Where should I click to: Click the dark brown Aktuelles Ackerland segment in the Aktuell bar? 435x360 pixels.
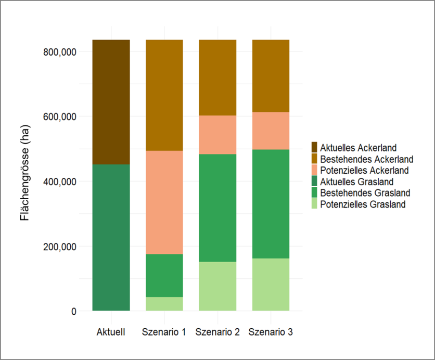point(111,101)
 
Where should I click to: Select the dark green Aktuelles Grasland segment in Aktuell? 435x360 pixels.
point(111,237)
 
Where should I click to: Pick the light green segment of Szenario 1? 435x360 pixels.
point(164,304)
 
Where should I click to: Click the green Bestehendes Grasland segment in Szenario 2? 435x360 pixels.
point(217,208)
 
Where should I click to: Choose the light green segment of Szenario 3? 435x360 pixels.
point(271,285)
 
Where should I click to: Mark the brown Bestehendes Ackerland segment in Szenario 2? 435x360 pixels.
point(217,78)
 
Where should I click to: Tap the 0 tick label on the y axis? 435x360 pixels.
point(73,311)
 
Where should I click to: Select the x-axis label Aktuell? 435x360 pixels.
point(111,332)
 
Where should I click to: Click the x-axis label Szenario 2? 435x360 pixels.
point(217,332)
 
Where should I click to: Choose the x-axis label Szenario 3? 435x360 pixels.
point(271,332)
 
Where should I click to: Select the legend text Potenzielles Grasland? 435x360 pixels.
point(363,204)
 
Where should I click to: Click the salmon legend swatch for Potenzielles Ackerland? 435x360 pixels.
point(314,170)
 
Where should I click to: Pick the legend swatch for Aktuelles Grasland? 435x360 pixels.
point(314,182)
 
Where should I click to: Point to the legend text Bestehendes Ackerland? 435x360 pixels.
point(367,159)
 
